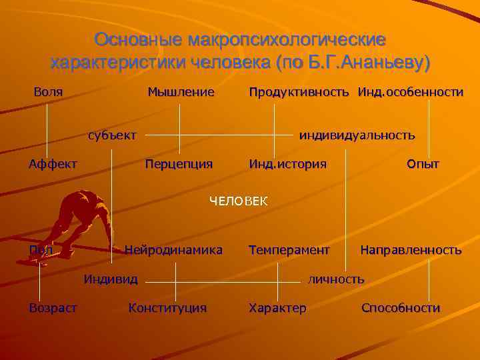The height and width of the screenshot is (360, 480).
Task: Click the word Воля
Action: pyautogui.click(x=48, y=91)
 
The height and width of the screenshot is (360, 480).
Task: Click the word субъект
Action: pyautogui.click(x=112, y=135)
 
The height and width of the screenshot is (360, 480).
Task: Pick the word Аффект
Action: pyautogui.click(x=53, y=163)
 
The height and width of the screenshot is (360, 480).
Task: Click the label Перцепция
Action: pyautogui.click(x=179, y=163)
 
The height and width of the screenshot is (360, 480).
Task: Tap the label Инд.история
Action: pyautogui.click(x=287, y=163)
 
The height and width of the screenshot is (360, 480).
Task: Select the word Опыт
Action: pyautogui.click(x=423, y=163)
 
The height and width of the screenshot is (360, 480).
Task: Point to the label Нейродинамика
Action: pyautogui.click(x=173, y=250)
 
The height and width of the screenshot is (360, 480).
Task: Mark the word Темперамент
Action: pyautogui.click(x=289, y=250)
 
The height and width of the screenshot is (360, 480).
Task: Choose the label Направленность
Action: pyautogui.click(x=411, y=250)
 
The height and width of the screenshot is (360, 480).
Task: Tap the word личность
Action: pyautogui.click(x=336, y=279)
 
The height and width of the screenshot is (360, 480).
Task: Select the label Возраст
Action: pyautogui.click(x=53, y=308)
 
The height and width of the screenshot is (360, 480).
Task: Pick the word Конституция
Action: pyautogui.click(x=167, y=308)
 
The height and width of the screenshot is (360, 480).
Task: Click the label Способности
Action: pyautogui.click(x=401, y=308)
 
